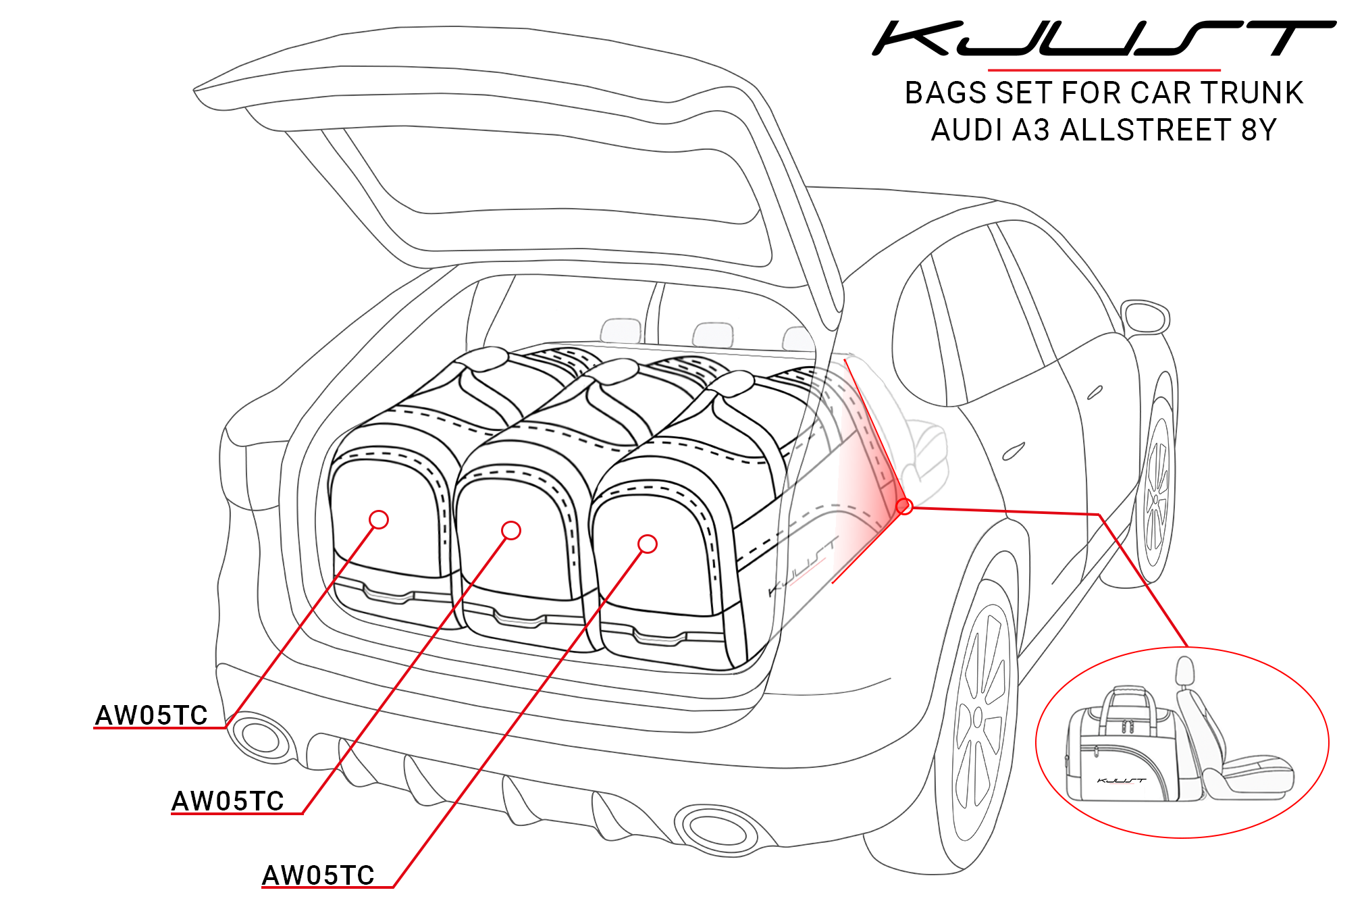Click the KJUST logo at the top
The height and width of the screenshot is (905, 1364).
click(1103, 38)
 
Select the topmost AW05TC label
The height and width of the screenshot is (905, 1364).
click(151, 715)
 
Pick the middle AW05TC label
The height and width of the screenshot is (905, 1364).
click(228, 801)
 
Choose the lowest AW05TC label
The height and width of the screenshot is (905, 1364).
click(318, 875)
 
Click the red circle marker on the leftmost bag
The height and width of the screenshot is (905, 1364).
click(379, 519)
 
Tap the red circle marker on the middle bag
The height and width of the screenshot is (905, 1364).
click(511, 531)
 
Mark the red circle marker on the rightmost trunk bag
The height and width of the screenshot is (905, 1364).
click(647, 544)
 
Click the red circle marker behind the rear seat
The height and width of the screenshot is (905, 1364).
click(904, 506)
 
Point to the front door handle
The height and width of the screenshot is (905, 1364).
click(1095, 392)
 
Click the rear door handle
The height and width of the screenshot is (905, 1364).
click(1014, 451)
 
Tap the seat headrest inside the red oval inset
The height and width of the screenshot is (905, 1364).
click(1184, 671)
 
